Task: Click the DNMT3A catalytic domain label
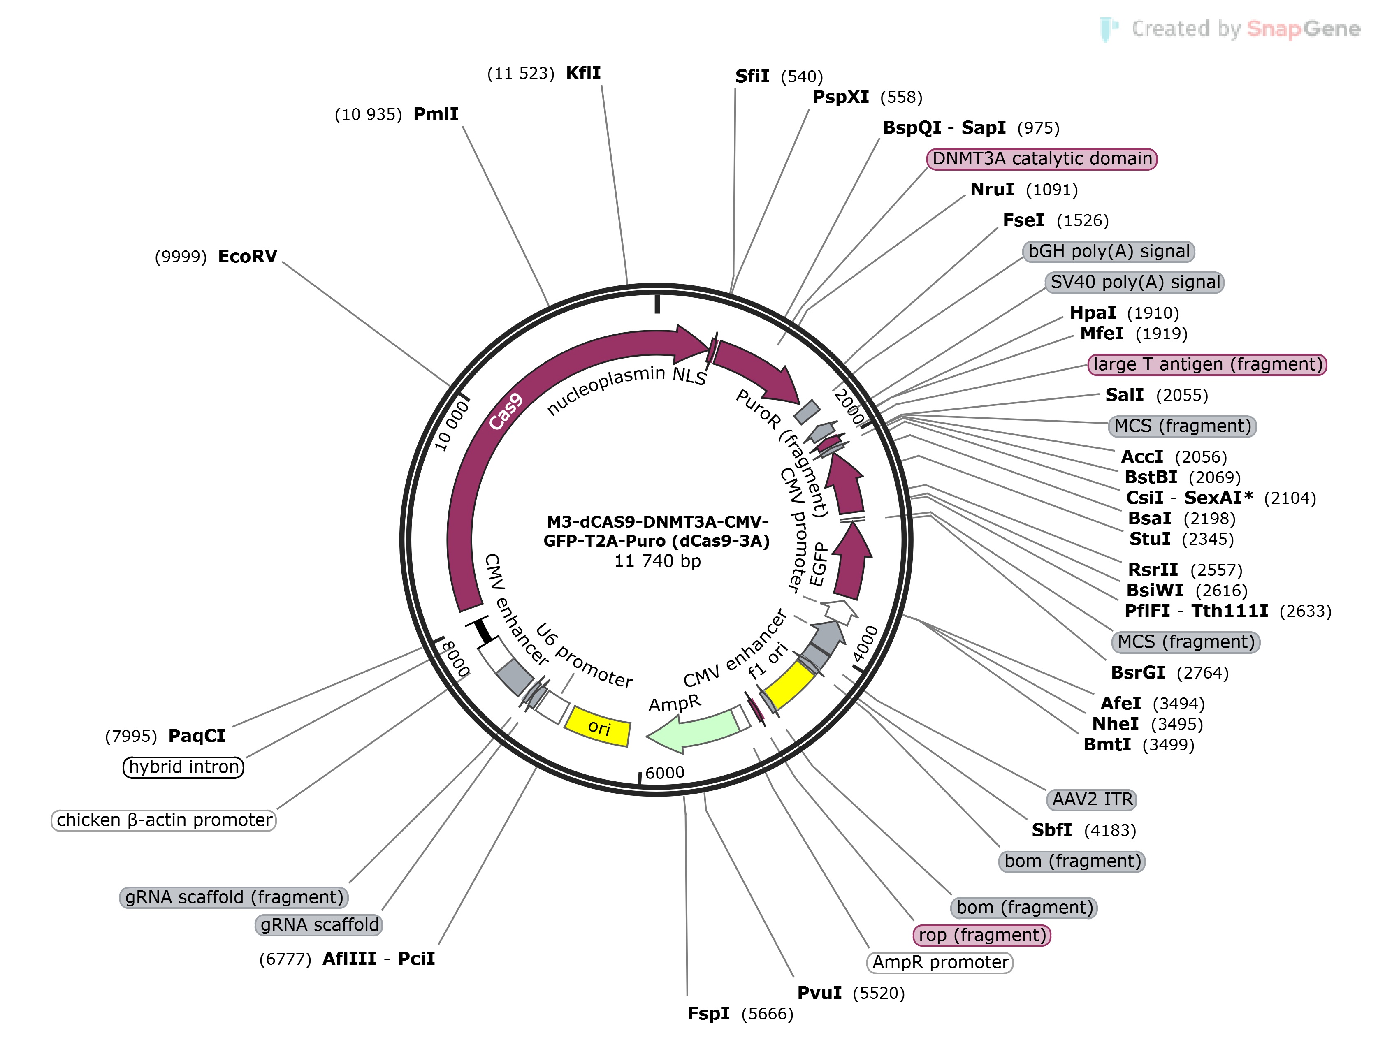point(1042,159)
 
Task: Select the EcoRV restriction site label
point(247,257)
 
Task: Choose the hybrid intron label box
point(183,767)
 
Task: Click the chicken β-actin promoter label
point(164,820)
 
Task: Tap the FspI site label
point(708,1014)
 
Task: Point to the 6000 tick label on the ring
point(665,773)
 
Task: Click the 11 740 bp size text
point(657,561)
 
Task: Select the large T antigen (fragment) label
point(1207,364)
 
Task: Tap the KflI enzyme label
point(583,73)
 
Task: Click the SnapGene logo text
point(1303,29)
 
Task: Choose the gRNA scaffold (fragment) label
point(234,897)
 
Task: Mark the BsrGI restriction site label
point(1137,673)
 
